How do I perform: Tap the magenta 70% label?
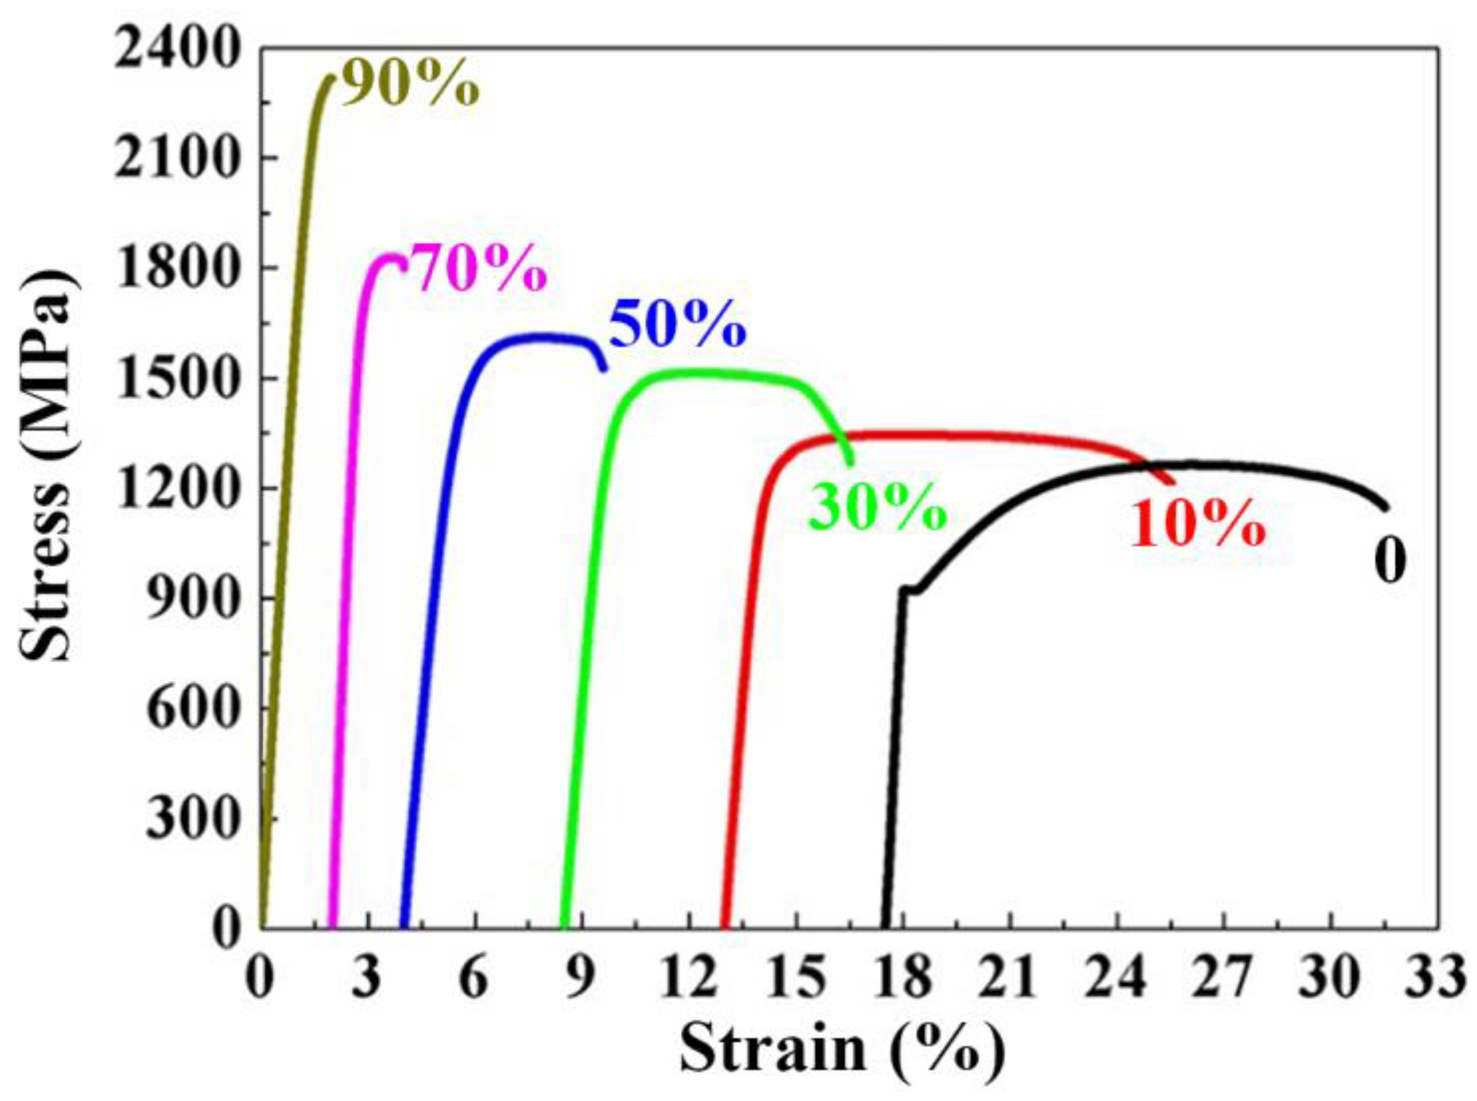478,268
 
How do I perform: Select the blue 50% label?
676,325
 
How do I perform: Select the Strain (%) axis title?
841,1052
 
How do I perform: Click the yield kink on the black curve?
911,589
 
